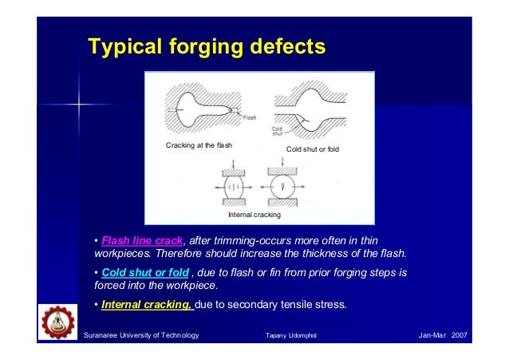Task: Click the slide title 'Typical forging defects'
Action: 207,47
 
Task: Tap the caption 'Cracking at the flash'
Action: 199,146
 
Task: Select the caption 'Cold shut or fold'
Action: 314,150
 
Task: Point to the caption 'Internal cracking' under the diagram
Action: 254,215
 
